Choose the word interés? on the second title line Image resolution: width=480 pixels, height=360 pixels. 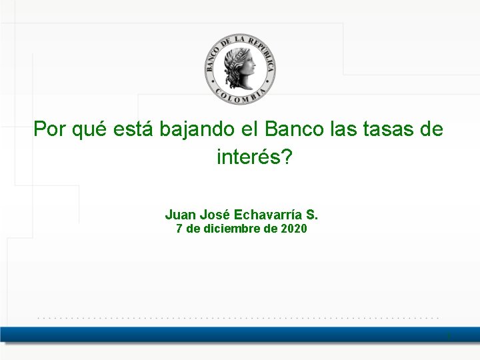coord(255,157)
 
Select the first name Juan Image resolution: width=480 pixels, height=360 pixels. coord(179,215)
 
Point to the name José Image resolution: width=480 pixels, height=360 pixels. coord(213,215)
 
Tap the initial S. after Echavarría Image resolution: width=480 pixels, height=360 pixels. coord(313,215)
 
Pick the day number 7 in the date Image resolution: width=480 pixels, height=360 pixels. coord(179,229)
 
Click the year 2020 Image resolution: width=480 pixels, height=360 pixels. coord(294,229)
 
